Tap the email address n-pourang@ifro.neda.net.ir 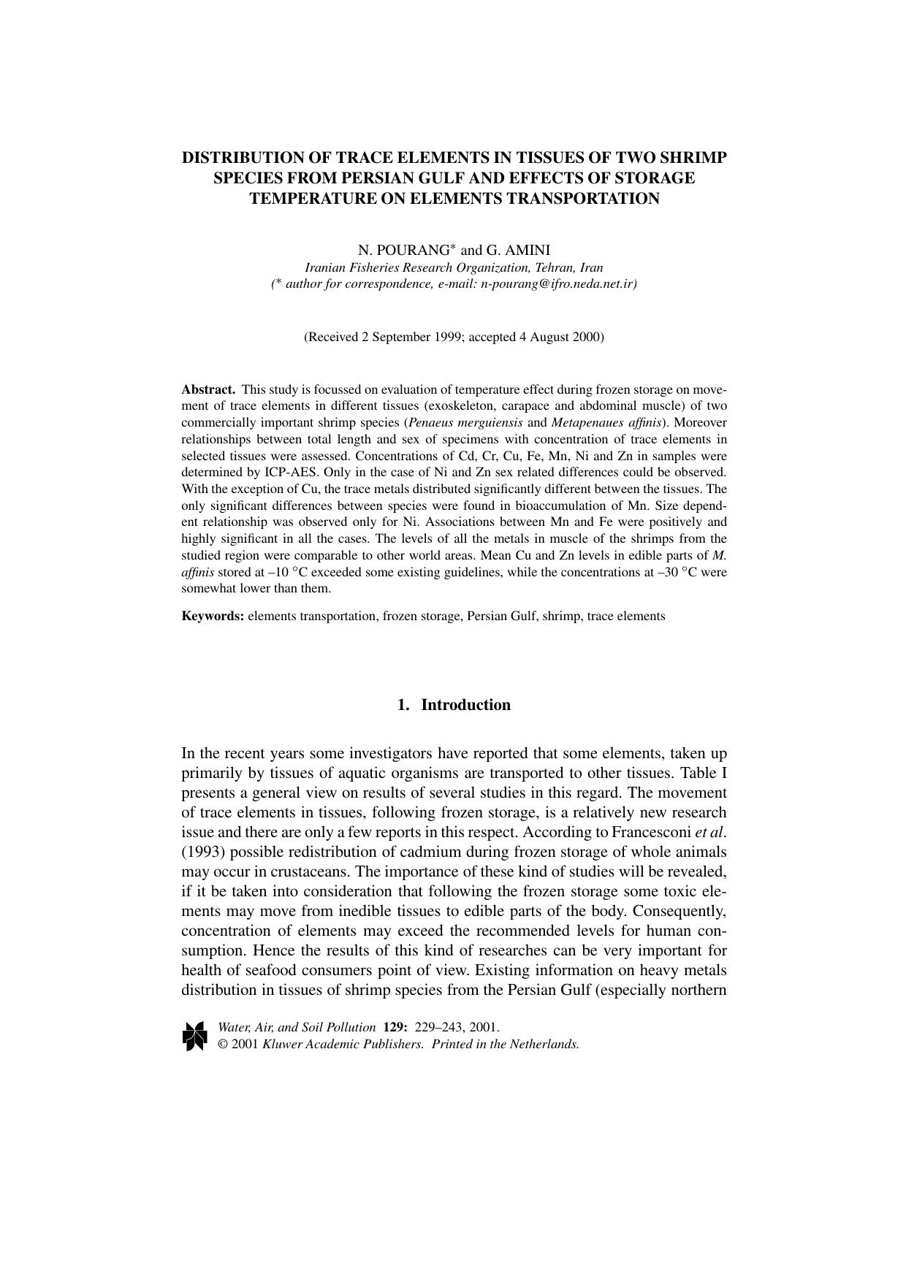pyautogui.click(x=556, y=284)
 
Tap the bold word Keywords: pyautogui.click(x=213, y=616)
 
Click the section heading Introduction pyautogui.click(x=465, y=705)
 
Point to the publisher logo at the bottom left pyautogui.click(x=194, y=1036)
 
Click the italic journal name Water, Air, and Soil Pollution pyautogui.click(x=297, y=1027)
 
